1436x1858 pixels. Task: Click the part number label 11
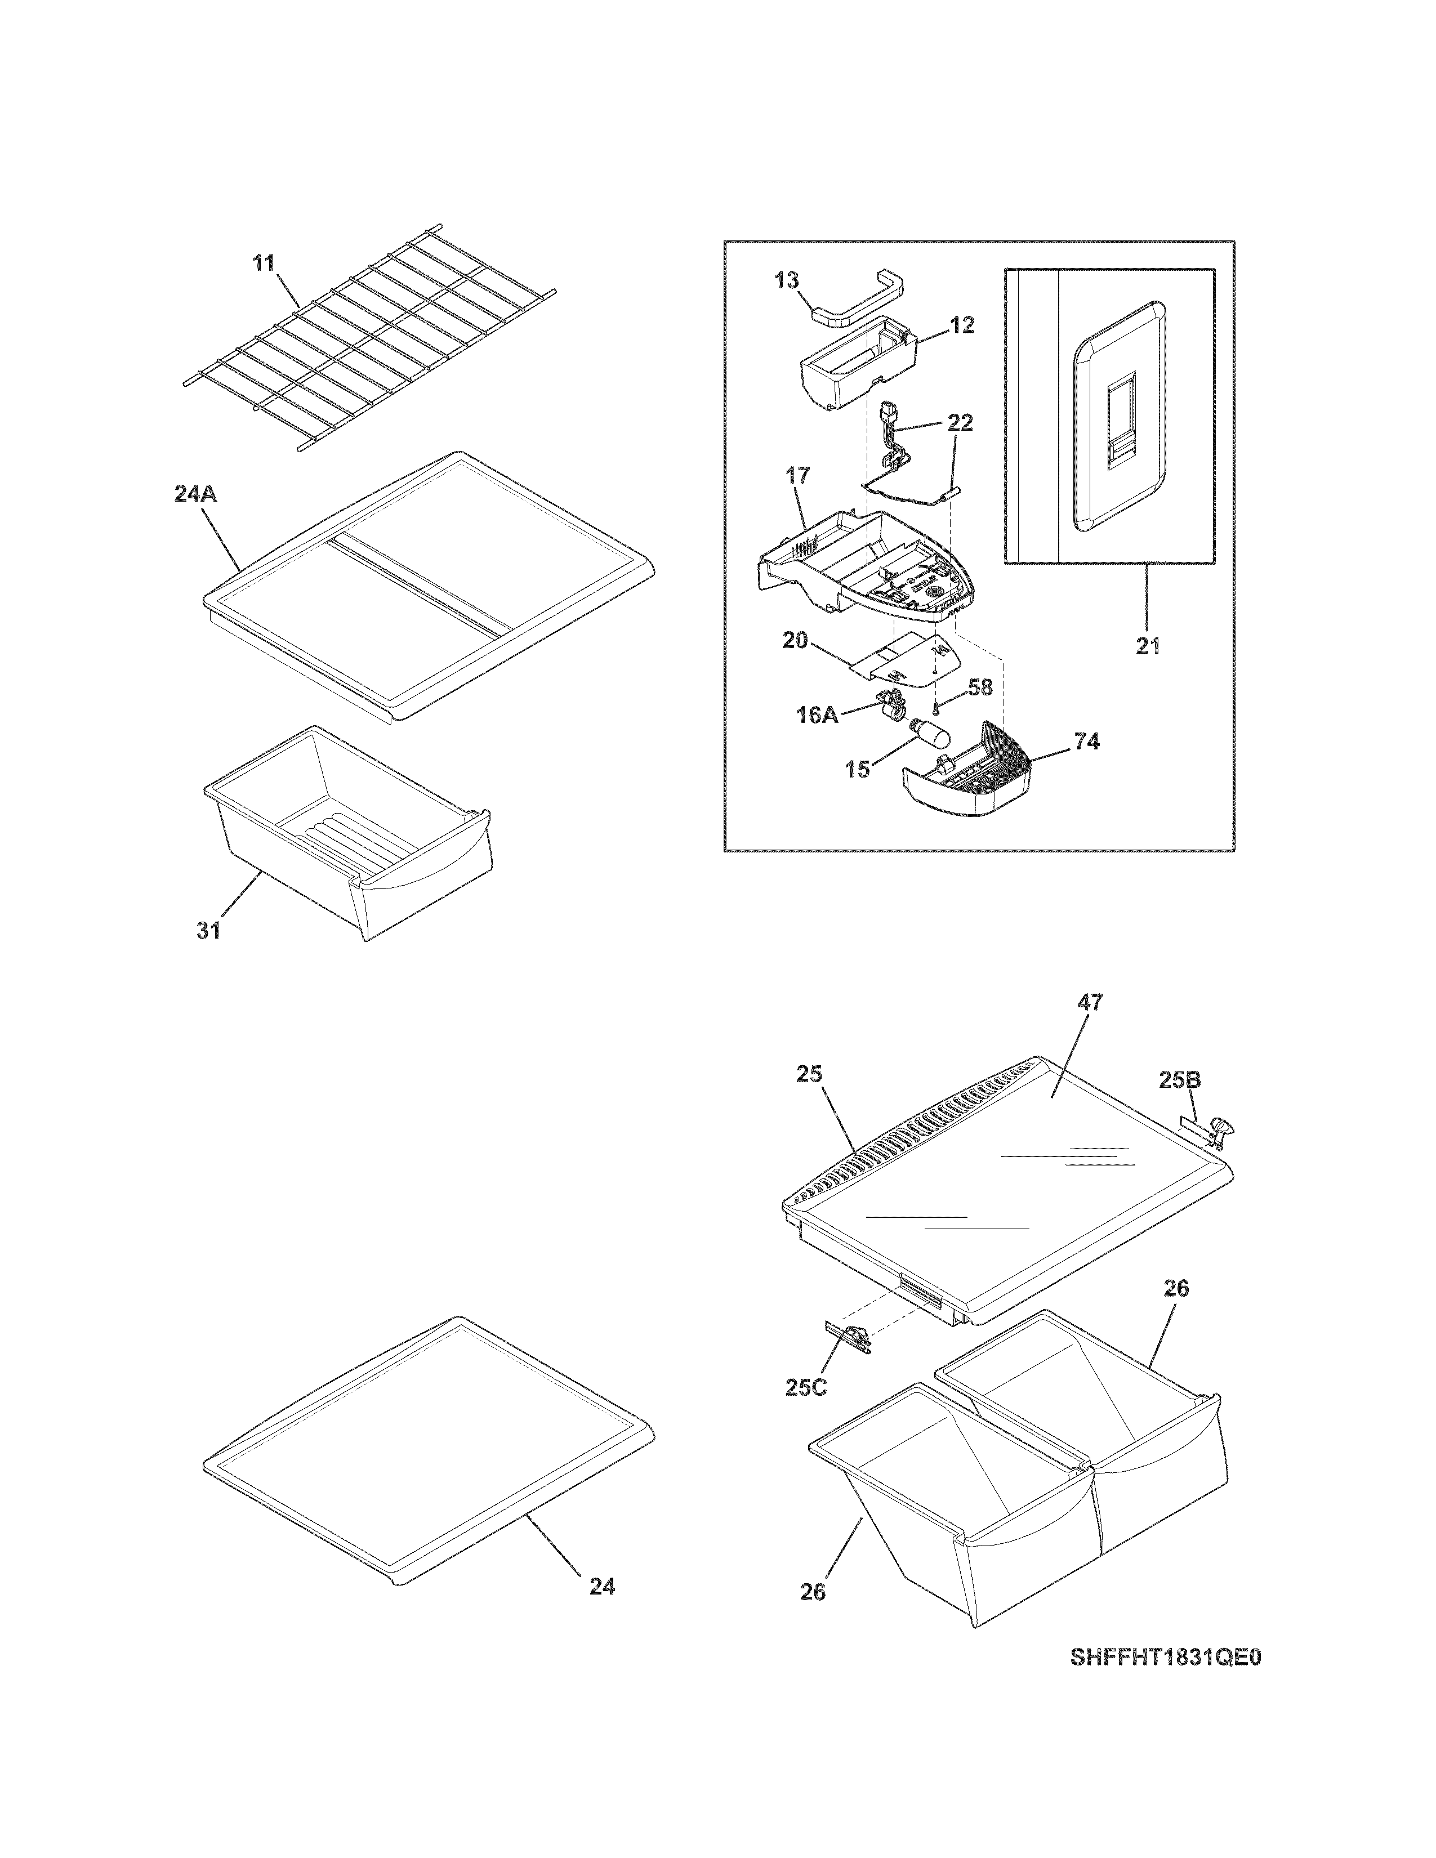(264, 263)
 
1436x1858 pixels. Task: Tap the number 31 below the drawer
(208, 931)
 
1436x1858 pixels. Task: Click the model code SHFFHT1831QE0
(1166, 1682)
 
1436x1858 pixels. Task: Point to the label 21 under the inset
(1148, 646)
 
